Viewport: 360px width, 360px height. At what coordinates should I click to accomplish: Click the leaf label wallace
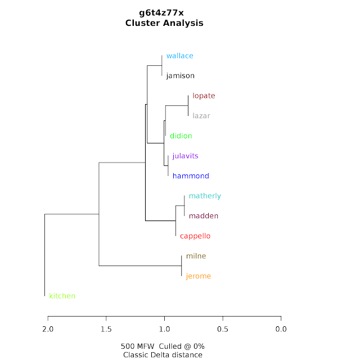(x=179, y=56)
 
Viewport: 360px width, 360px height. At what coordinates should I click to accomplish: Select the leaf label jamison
(x=180, y=76)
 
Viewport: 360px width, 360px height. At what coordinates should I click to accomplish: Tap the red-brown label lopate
(x=204, y=96)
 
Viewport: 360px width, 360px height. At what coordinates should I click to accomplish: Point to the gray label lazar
(x=201, y=116)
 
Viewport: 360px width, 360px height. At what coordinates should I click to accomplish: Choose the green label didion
(x=181, y=136)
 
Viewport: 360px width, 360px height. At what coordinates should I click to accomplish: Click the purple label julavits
(x=185, y=156)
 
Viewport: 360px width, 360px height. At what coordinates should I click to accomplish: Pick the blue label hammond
(x=191, y=176)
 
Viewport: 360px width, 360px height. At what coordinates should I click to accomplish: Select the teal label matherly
(x=205, y=196)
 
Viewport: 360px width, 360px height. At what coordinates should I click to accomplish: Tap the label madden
(x=204, y=216)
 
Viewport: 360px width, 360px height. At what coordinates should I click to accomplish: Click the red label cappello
(x=195, y=236)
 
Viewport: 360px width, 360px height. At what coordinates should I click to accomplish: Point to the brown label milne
(x=196, y=256)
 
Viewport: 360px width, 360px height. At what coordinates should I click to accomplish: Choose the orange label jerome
(x=198, y=276)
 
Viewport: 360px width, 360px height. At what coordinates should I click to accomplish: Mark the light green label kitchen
(x=62, y=296)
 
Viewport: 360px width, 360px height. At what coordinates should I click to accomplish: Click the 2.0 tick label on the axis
(x=48, y=329)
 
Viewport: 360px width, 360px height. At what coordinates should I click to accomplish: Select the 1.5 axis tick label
(x=106, y=329)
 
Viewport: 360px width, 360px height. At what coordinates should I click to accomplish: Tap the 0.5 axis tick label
(x=223, y=329)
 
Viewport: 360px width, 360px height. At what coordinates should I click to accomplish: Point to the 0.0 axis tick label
(x=281, y=329)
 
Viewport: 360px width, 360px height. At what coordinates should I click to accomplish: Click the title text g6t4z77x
(x=164, y=12)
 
